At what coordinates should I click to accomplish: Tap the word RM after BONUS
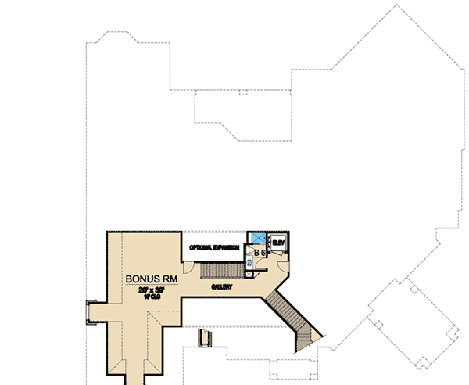tap(169, 279)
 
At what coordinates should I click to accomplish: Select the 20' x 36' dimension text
tap(152, 290)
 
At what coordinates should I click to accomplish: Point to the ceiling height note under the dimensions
tap(152, 297)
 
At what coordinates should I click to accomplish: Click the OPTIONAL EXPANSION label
tap(213, 247)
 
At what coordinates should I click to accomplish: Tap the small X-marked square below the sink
tap(249, 274)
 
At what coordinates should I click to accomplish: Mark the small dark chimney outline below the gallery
tap(206, 338)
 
